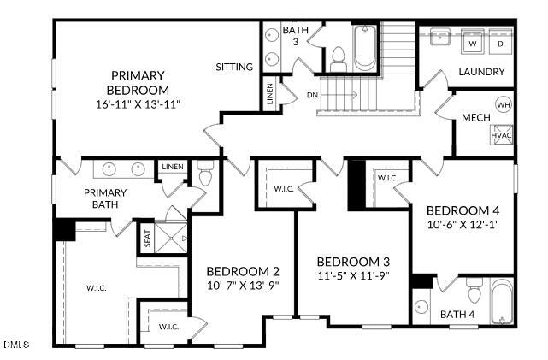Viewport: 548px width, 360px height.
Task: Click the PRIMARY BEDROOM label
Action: point(138,82)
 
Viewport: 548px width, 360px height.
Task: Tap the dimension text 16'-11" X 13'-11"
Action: point(138,104)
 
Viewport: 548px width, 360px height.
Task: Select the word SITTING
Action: point(233,67)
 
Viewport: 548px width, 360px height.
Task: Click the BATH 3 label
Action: point(291,36)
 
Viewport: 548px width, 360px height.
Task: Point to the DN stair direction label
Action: point(313,95)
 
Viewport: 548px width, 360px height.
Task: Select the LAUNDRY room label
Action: point(481,72)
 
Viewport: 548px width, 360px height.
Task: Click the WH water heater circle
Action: point(503,105)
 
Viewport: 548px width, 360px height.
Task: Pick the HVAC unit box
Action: point(501,135)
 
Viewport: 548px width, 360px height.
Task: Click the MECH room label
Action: point(475,117)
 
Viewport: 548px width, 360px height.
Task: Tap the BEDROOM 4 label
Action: point(463,210)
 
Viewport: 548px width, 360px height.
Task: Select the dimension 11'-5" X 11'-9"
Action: point(353,276)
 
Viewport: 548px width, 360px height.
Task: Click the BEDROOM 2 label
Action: point(243,272)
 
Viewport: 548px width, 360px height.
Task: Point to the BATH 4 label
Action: point(457,315)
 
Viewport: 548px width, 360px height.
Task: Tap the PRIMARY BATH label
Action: point(105,198)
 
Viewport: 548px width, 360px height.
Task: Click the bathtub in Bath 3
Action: point(364,48)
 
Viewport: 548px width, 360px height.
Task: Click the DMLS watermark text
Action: point(16,345)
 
